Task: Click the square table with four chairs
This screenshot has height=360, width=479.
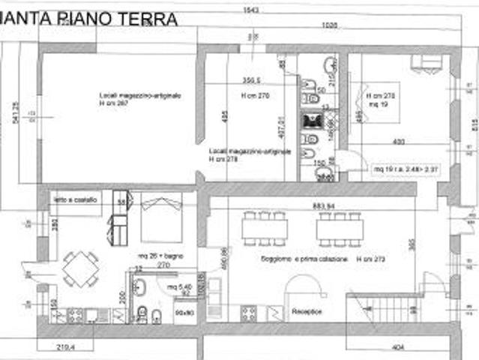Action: click(80, 268)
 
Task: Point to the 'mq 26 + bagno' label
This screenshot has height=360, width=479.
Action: click(155, 256)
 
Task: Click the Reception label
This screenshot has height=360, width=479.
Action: click(306, 310)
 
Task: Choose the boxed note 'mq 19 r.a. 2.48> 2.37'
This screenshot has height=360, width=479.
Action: click(405, 170)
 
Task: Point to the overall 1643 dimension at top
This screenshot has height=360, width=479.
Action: click(246, 10)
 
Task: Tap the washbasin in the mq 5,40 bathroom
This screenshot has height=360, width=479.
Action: click(140, 286)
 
